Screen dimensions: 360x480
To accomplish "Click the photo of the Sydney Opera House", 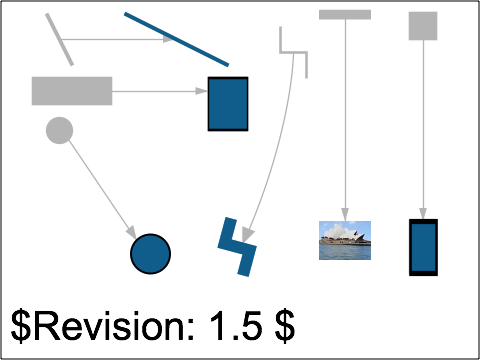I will click(x=344, y=240).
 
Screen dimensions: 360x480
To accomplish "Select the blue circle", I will click(x=150, y=254).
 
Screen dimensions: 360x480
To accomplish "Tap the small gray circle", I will click(x=59, y=130).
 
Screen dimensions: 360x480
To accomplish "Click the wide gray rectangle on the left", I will click(x=72, y=90).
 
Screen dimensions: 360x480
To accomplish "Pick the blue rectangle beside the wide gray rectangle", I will click(x=228, y=104).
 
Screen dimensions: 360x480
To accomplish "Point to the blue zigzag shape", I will click(x=237, y=246).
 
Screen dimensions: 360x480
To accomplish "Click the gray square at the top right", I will click(x=423, y=26).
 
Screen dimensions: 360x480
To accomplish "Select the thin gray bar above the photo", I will click(x=345, y=15).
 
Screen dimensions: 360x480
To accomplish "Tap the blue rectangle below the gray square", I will click(x=423, y=247).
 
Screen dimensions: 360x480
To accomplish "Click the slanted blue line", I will click(x=176, y=39).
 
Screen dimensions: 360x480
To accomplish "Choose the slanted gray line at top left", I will click(x=59, y=39).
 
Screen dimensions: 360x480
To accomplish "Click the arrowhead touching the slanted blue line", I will click(x=169, y=40).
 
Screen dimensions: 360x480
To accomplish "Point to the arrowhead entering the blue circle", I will click(x=131, y=233).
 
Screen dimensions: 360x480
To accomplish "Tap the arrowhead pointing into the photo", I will click(x=345, y=215).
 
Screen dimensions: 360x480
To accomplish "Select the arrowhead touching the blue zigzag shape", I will click(x=246, y=236).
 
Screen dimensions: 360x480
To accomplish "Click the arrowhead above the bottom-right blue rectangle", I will click(x=423, y=214).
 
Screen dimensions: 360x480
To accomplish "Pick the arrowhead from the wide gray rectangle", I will click(x=201, y=91).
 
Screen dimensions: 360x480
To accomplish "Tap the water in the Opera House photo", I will click(x=344, y=253).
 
